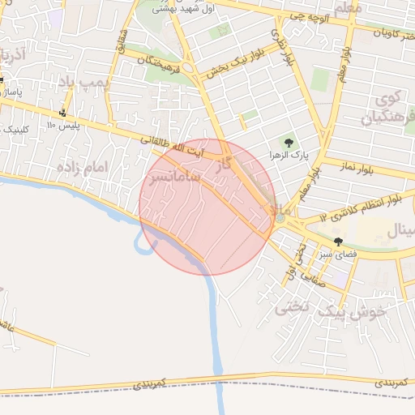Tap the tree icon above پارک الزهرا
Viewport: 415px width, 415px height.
tap(289, 143)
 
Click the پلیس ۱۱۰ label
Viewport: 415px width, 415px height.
tap(61, 126)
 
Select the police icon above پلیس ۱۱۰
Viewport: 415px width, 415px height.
tap(63, 113)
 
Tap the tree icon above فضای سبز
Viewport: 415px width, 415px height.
tap(338, 241)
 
